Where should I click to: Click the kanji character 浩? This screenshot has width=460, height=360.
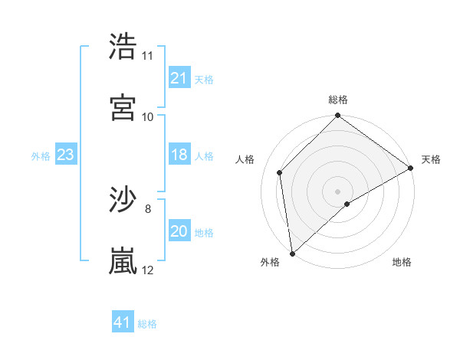pos(123,47)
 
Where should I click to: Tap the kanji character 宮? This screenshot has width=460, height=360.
pos(123,107)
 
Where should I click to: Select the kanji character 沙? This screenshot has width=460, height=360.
pos(123,200)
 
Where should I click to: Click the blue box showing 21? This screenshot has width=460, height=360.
pos(179,78)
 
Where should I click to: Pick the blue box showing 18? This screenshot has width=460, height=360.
pos(179,155)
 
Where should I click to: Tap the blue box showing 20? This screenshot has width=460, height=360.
pos(179,232)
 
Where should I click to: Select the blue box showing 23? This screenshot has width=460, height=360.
pos(66,155)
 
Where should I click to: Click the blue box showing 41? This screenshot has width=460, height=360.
pos(123,322)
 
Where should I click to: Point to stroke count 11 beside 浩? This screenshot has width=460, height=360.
pos(147,56)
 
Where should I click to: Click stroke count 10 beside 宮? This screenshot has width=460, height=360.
pos(147,116)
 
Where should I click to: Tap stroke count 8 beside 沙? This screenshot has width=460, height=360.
pos(147,208)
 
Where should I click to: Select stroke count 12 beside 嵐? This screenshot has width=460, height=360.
pos(147,270)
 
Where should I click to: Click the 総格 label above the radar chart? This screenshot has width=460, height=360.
pos(338,100)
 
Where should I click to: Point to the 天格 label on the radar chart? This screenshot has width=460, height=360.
pos(431,159)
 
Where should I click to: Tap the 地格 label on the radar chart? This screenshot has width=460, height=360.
pos(402,263)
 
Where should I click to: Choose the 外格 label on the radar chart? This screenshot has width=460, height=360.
pos(270,263)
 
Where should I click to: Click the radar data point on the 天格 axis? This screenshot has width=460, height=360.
pos(411,169)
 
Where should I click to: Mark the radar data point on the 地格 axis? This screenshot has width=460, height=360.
pos(347,204)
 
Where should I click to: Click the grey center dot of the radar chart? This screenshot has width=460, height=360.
pos(338,191)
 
